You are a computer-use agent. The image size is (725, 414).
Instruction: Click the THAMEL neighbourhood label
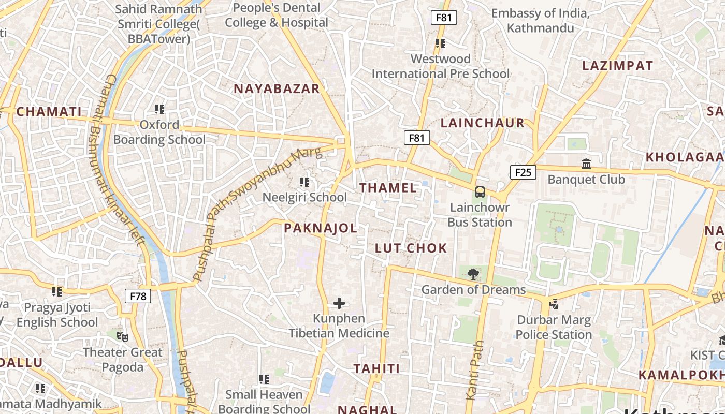coord(388,188)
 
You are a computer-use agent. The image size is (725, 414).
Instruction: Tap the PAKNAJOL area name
coord(321,228)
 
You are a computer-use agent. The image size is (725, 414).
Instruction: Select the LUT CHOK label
coord(411,248)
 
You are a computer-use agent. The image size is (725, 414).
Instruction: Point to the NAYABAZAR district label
coord(277,89)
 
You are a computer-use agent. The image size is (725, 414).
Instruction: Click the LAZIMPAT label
coord(617,66)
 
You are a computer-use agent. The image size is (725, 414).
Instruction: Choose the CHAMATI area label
coord(49,112)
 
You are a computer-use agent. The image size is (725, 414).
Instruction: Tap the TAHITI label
coord(376,369)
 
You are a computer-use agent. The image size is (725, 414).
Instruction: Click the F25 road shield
coord(523,172)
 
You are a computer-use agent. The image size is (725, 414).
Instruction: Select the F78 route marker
coord(138,297)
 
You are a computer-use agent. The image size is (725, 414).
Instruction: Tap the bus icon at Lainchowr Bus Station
coord(480,192)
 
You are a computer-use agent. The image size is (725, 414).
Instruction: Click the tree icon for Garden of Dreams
coord(473,274)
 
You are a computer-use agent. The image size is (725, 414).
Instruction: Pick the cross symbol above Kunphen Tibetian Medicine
coord(339,303)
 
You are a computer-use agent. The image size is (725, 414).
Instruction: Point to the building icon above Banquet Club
coord(586,164)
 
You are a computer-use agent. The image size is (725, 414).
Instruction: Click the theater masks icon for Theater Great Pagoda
coord(122,337)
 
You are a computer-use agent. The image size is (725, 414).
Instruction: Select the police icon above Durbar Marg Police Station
coord(554,304)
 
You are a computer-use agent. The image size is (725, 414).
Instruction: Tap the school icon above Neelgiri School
coord(304,182)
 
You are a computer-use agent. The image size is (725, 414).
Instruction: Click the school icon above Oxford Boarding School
coord(160,109)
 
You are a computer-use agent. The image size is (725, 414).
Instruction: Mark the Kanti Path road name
coord(475,370)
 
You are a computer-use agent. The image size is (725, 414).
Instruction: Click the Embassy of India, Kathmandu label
coord(540,21)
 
